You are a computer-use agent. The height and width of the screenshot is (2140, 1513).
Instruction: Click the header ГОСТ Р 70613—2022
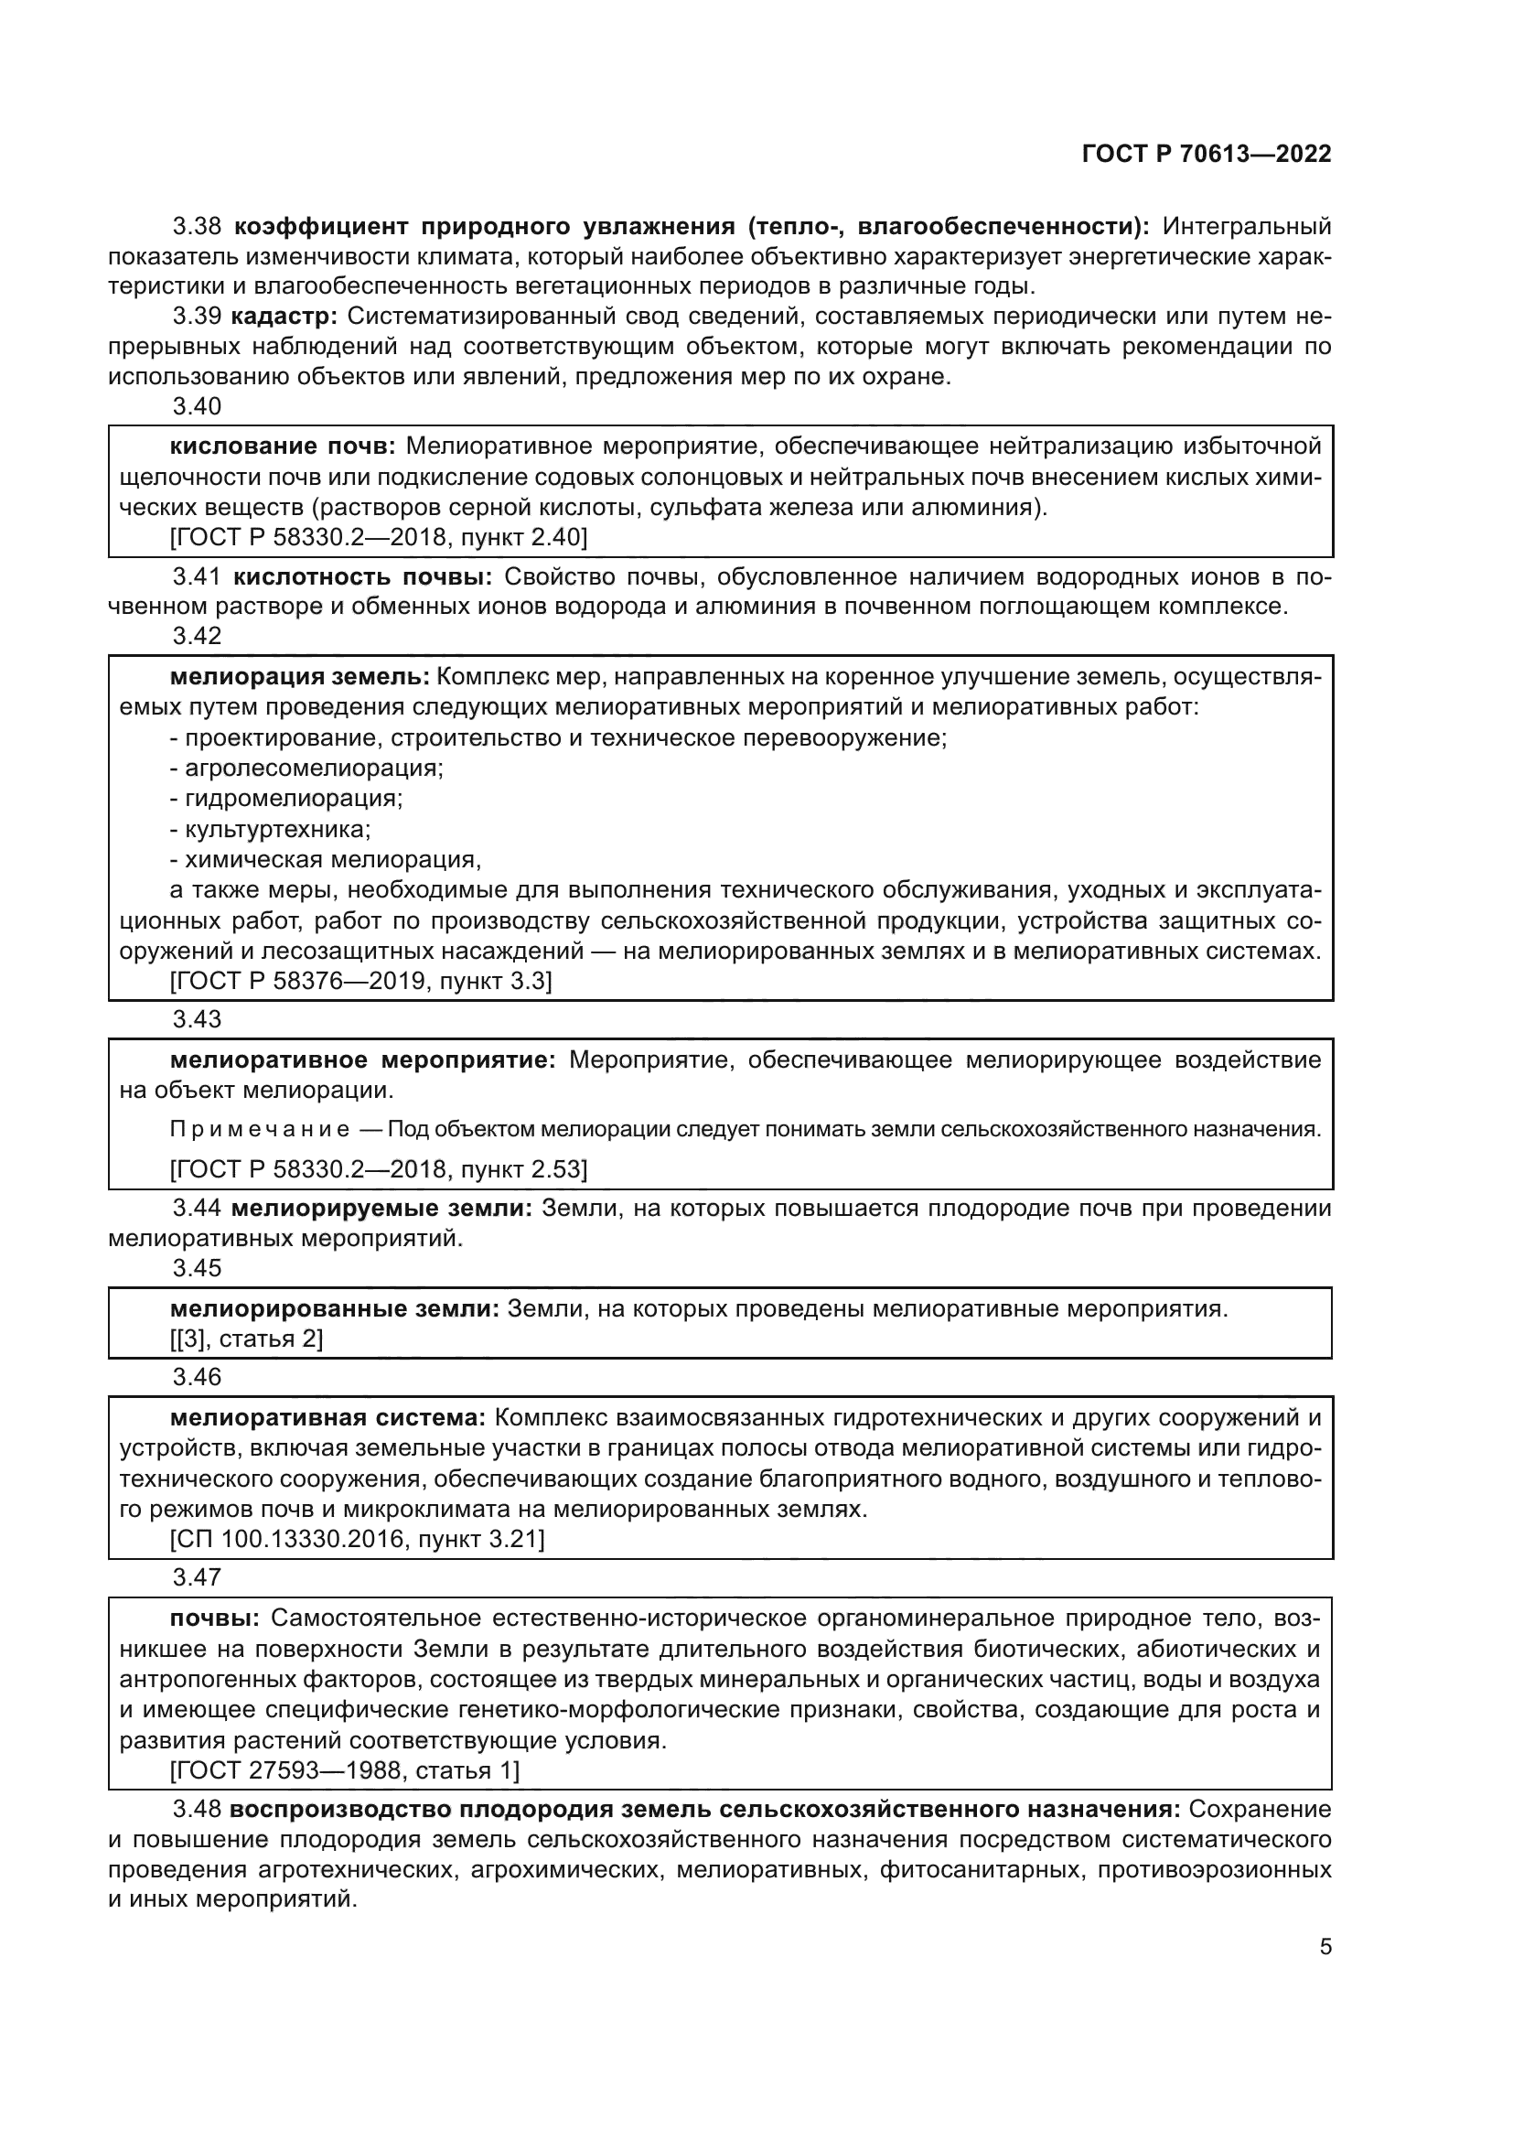click(1207, 155)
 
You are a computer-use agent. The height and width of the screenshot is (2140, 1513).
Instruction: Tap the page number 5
click(1325, 1946)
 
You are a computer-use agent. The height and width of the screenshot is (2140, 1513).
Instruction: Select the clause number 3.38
click(197, 227)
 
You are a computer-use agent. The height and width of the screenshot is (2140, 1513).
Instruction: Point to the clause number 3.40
click(197, 406)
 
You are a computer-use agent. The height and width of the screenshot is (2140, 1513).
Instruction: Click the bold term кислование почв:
click(284, 446)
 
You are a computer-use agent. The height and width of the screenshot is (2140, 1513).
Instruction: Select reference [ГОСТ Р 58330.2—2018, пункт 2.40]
click(379, 538)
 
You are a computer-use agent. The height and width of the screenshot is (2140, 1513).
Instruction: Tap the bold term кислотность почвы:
click(362, 577)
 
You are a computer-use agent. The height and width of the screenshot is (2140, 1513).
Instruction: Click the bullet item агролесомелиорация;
click(307, 768)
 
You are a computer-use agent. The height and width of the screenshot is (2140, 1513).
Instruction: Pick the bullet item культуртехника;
click(271, 829)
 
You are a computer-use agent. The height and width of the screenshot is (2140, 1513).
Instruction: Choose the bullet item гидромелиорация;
click(287, 799)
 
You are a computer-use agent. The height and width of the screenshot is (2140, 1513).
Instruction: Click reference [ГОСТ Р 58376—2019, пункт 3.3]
click(360, 981)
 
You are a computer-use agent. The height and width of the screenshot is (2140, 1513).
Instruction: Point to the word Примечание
click(260, 1130)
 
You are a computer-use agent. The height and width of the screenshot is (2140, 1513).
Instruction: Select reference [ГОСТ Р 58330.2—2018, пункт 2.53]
click(379, 1168)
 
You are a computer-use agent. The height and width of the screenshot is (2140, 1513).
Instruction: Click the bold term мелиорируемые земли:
click(381, 1209)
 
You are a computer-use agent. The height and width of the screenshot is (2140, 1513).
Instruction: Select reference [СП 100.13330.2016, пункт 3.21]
click(357, 1539)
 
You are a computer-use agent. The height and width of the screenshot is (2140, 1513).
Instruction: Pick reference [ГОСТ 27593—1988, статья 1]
click(345, 1770)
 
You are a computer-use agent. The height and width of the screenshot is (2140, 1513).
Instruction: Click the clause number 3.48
click(197, 1810)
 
